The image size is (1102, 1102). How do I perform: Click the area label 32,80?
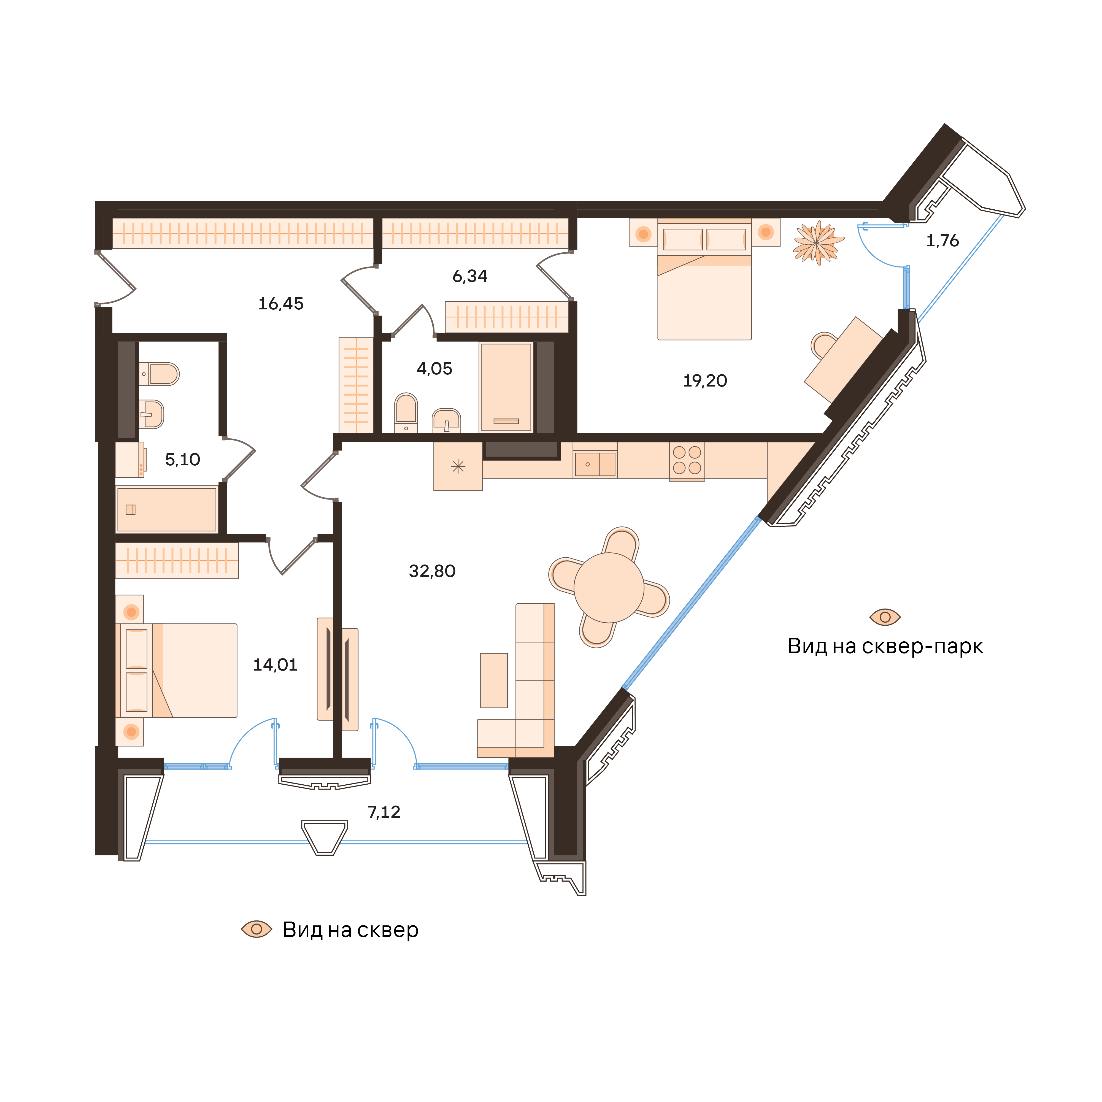pyautogui.click(x=432, y=571)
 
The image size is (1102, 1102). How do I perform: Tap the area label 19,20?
pyautogui.click(x=705, y=380)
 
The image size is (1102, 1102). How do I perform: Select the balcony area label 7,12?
pyautogui.click(x=384, y=812)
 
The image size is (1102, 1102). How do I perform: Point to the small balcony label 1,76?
pyautogui.click(x=942, y=241)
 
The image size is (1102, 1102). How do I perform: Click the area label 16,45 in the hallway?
pyautogui.click(x=281, y=303)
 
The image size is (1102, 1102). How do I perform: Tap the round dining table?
pyautogui.click(x=609, y=588)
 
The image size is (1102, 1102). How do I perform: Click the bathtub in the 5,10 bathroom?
pyautogui.click(x=167, y=509)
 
